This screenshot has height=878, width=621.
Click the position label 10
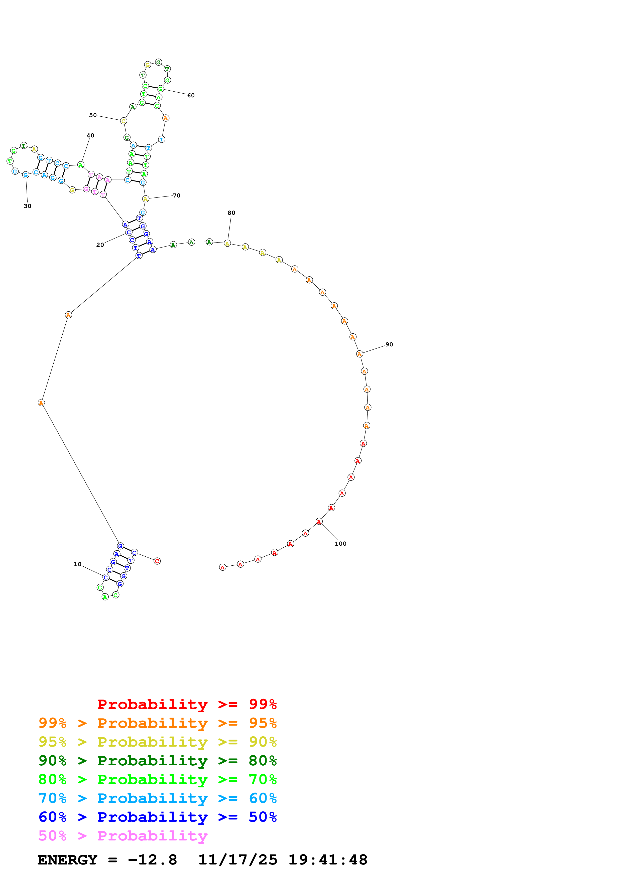[77, 564]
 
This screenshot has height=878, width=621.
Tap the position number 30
[28, 206]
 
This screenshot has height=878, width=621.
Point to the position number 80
[231, 213]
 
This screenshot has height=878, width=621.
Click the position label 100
[340, 544]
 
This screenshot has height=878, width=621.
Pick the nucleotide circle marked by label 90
[360, 354]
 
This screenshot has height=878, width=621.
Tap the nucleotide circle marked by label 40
[81, 165]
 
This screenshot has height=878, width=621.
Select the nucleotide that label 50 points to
[123, 121]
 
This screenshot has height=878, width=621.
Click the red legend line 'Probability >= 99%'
[187, 704]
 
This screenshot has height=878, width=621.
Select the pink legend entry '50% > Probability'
[123, 836]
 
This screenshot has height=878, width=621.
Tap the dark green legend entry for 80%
[157, 761]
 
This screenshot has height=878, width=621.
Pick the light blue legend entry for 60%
[157, 798]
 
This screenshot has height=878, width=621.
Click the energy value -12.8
[152, 860]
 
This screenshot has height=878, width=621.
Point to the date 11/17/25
[238, 860]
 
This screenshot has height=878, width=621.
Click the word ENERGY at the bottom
[67, 860]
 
